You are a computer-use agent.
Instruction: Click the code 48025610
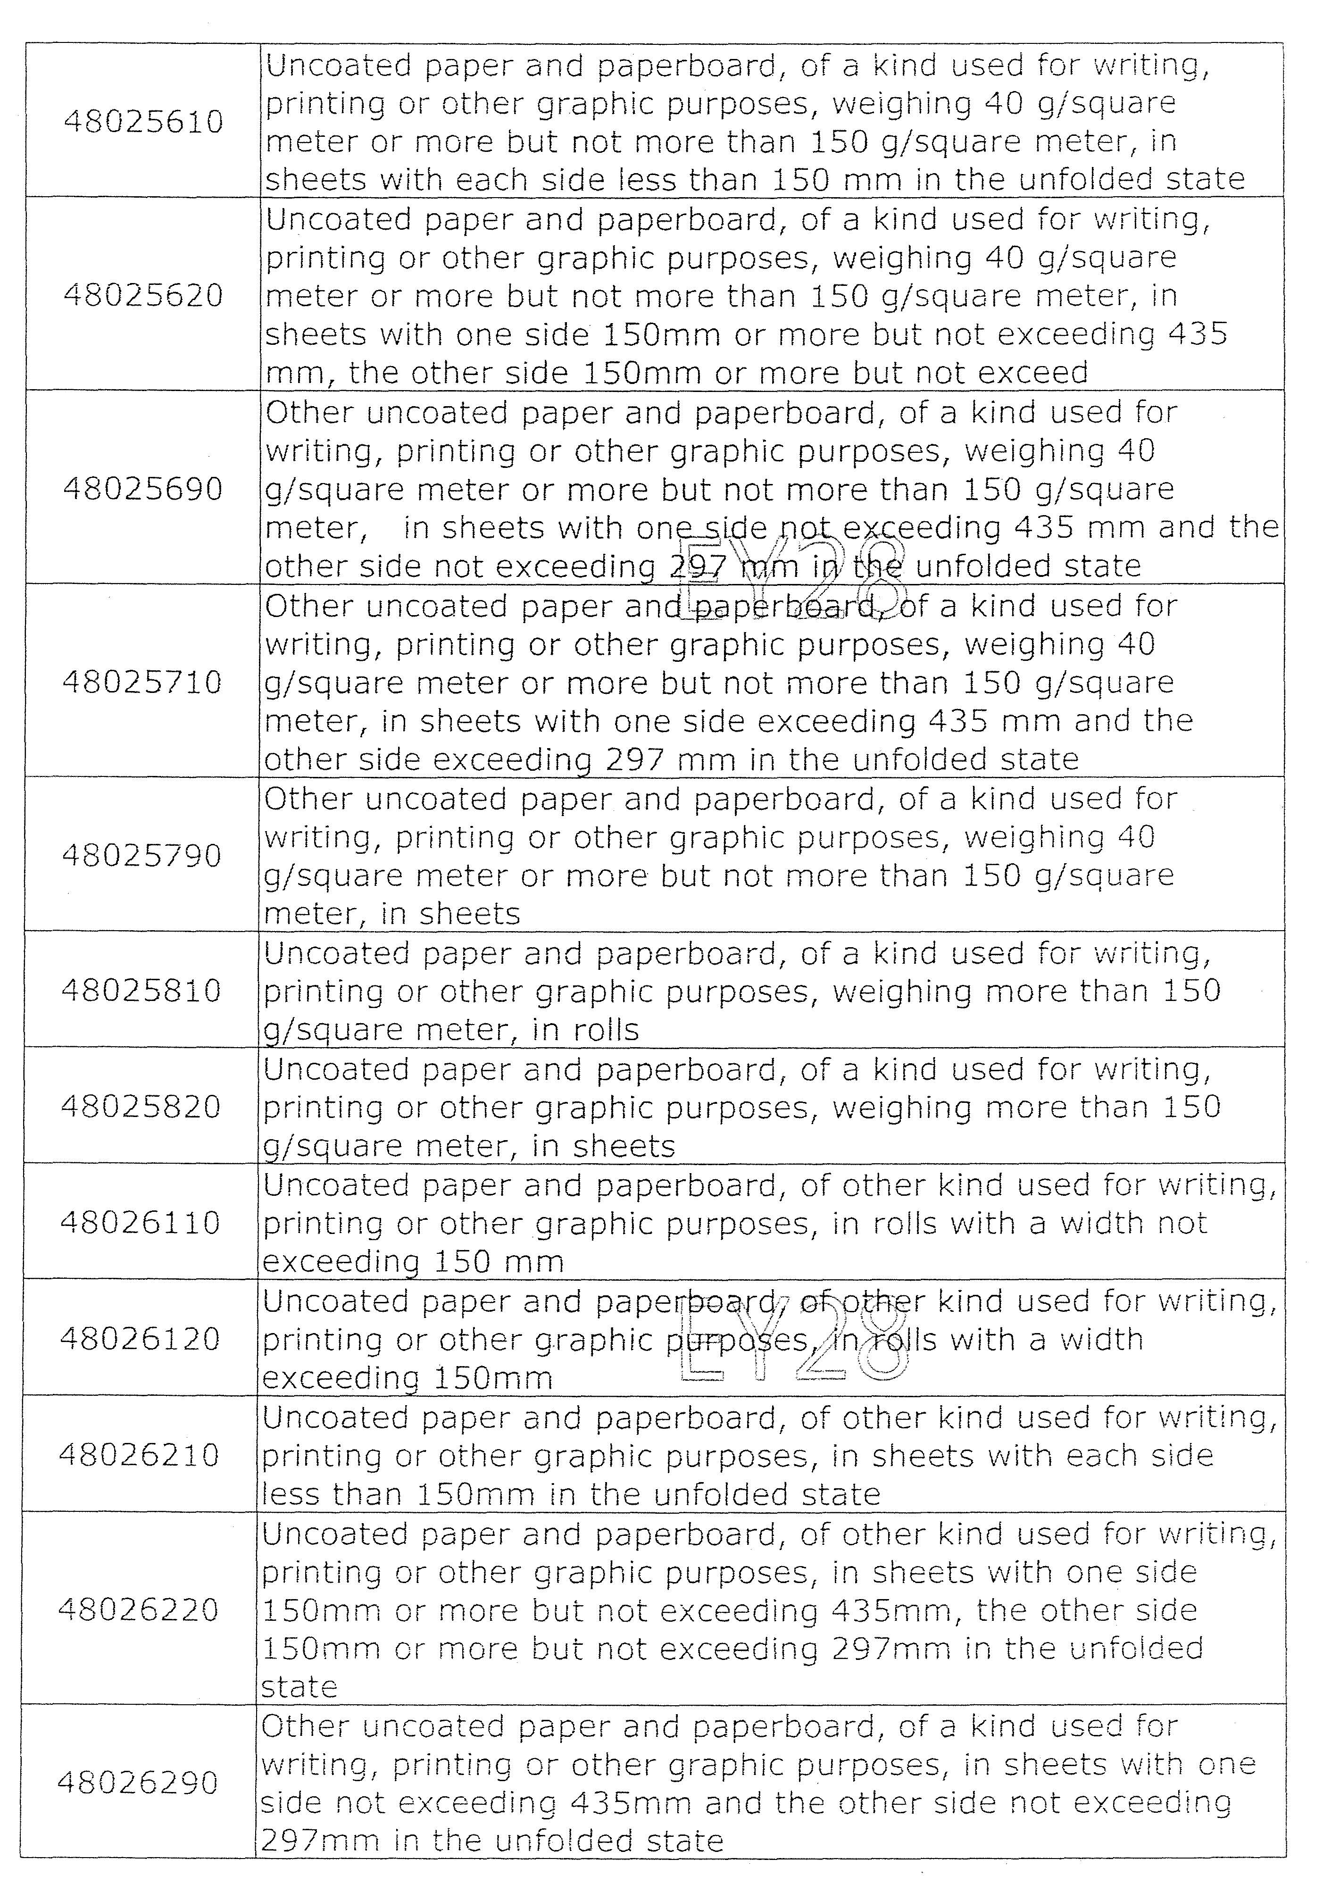pos(144,122)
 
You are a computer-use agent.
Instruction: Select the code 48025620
pos(144,295)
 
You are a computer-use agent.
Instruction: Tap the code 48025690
pos(143,489)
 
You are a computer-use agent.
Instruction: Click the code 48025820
pos(141,1107)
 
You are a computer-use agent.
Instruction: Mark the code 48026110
pos(141,1224)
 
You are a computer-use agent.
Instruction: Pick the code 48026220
pos(139,1610)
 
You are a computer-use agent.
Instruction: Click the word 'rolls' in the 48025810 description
pos(606,1030)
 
